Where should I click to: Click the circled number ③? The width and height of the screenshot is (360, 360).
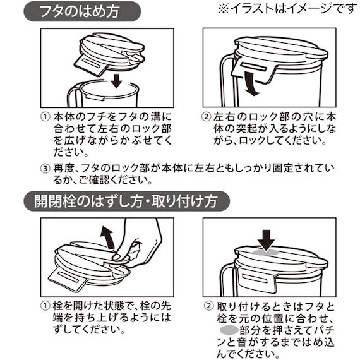coord(45,169)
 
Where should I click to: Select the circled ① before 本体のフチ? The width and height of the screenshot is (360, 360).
coord(45,117)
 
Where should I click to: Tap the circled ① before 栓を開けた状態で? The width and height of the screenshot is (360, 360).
coord(45,304)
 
